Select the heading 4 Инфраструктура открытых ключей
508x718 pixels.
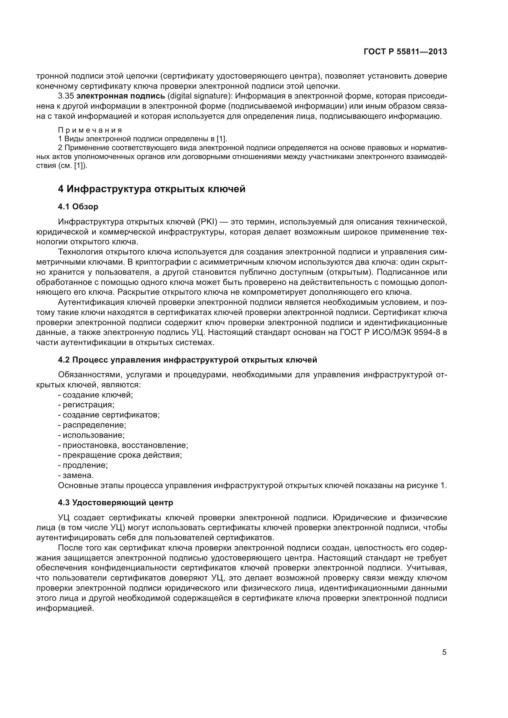152,189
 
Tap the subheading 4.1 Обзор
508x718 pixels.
78,207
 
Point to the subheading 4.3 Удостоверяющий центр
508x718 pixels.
115,503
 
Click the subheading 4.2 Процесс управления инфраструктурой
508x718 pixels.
187,360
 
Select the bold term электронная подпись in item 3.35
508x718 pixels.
120,96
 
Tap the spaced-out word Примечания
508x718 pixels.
90,130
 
